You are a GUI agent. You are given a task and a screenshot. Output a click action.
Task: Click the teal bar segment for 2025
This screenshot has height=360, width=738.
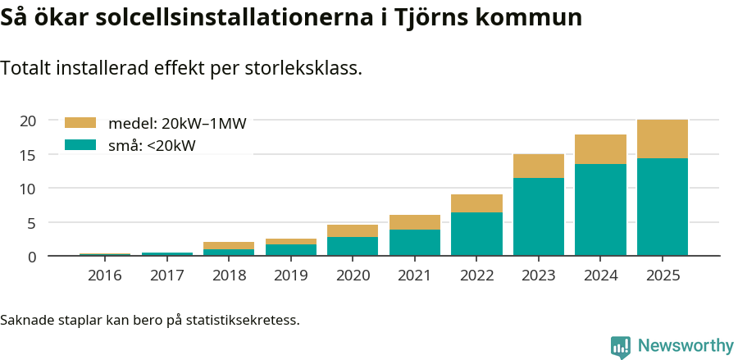tap(663, 207)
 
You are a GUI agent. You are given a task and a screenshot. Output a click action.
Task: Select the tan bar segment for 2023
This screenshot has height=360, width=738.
tap(539, 166)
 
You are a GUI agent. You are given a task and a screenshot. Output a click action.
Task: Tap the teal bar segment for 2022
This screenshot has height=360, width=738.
tap(476, 234)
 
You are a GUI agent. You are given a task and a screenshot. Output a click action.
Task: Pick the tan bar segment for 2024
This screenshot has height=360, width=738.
tap(600, 149)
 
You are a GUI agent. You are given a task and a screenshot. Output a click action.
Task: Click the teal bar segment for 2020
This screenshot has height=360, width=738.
tap(353, 246)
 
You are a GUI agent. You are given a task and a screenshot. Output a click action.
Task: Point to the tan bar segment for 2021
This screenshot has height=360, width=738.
tap(415, 222)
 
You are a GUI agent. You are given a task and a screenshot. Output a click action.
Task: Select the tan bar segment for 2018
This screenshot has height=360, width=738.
tap(229, 245)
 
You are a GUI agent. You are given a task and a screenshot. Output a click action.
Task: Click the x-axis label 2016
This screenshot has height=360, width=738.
tap(104, 276)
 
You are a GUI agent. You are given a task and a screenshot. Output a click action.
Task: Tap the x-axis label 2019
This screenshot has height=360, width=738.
tap(291, 276)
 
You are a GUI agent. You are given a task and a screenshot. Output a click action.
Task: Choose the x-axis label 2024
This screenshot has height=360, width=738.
tap(600, 276)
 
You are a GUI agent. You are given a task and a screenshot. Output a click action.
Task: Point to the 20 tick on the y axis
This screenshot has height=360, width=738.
tap(28, 121)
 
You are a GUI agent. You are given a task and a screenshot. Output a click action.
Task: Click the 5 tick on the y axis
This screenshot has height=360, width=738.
tap(32, 223)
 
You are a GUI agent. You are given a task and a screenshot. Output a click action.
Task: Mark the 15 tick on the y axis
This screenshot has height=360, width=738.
tap(28, 155)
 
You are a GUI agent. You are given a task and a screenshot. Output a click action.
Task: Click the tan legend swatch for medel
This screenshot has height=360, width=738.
tap(80, 123)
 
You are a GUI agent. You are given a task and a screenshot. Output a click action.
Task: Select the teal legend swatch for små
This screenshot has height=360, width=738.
tap(80, 145)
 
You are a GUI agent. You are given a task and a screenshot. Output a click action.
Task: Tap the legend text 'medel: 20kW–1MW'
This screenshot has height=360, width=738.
tap(177, 124)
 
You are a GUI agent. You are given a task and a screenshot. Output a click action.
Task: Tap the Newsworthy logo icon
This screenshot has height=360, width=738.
tap(621, 347)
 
